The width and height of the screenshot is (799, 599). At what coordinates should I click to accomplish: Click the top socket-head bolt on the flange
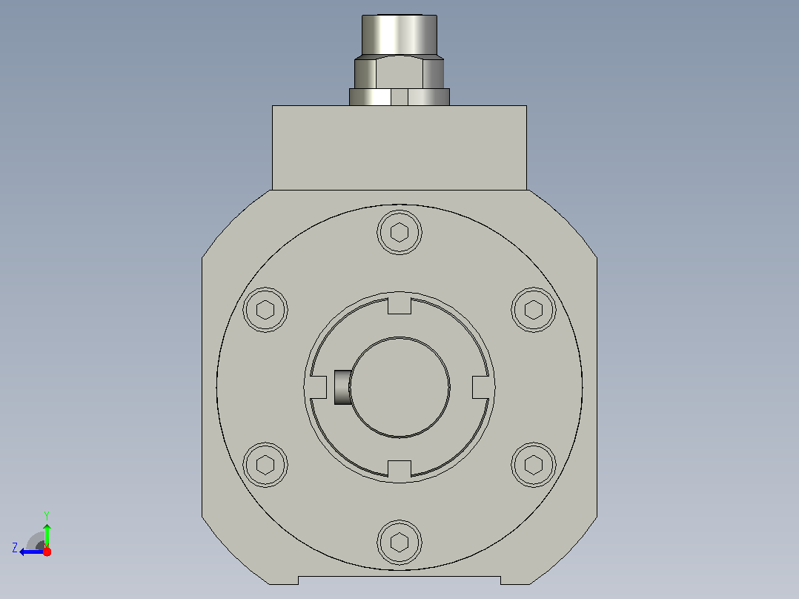[399, 232]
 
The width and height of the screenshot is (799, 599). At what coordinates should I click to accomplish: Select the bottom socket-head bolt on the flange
[399, 543]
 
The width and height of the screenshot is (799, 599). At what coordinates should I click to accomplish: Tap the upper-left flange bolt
[265, 309]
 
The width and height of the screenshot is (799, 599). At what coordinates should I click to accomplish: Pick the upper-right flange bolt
[534, 309]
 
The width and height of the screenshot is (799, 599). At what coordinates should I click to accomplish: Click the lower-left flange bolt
[265, 465]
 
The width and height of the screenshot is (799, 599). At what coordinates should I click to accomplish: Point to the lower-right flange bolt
[534, 465]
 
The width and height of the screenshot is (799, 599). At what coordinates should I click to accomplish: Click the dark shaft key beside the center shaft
[342, 388]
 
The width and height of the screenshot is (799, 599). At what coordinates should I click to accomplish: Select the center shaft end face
[399, 387]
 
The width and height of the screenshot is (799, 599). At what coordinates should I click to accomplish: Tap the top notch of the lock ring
[399, 305]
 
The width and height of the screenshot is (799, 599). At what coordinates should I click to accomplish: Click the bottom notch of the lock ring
[399, 469]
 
